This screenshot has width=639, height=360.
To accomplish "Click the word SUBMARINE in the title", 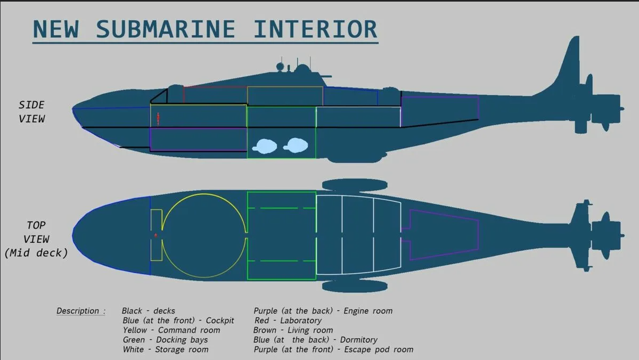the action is click(166, 29).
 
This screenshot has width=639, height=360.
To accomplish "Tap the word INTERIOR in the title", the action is click(315, 29).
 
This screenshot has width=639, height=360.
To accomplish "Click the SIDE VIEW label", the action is click(31, 112).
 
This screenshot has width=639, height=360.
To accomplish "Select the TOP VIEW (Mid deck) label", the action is click(36, 239).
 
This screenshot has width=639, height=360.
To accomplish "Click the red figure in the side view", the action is click(158, 119).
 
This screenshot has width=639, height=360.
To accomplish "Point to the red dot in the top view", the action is click(155, 235).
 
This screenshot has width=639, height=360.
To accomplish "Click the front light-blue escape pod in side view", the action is click(265, 146).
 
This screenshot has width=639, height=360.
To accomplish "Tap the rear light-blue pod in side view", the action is click(296, 145).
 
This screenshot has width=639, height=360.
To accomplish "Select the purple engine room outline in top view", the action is click(478, 235).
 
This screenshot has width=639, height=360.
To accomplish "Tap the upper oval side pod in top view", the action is click(355, 185).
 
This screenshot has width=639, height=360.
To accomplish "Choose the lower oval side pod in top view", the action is click(355, 286).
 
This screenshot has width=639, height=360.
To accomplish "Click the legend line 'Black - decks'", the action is click(149, 310).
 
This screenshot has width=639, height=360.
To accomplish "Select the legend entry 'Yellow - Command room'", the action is click(171, 330).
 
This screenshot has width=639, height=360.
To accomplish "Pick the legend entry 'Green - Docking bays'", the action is click(165, 340).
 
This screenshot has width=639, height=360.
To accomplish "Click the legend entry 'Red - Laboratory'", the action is click(288, 321).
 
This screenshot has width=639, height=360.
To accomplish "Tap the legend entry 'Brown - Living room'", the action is click(293, 330).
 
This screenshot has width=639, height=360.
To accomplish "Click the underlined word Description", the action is click(78, 311).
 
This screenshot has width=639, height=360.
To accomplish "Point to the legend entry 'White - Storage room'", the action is click(166, 349).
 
